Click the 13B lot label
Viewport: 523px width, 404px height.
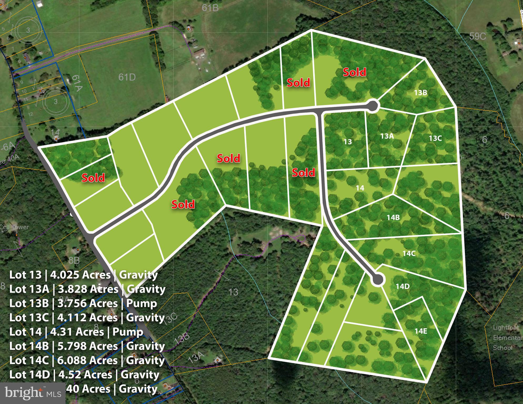tap(420, 93)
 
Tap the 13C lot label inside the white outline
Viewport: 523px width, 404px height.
tap(435, 138)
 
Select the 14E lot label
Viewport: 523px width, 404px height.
tap(421, 331)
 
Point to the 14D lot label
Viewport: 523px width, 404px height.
tap(403, 286)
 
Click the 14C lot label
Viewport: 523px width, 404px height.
tap(409, 253)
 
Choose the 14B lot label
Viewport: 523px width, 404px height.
tap(393, 217)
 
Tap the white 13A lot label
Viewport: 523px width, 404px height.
tap(387, 136)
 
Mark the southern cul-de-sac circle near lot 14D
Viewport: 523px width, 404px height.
tap(377, 279)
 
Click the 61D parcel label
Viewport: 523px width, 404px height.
tap(127, 77)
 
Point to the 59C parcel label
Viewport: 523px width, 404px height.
tap(477, 36)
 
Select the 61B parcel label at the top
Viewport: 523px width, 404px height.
tap(210, 8)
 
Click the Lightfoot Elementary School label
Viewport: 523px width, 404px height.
tap(506, 338)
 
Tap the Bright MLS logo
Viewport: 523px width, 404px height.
tap(33, 393)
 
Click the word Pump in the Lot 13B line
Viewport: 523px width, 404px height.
tap(142, 303)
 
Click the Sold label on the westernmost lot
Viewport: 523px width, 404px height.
tap(93, 178)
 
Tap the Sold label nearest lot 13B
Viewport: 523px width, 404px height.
tap(354, 72)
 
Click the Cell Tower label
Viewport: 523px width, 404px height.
tap(14, 227)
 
